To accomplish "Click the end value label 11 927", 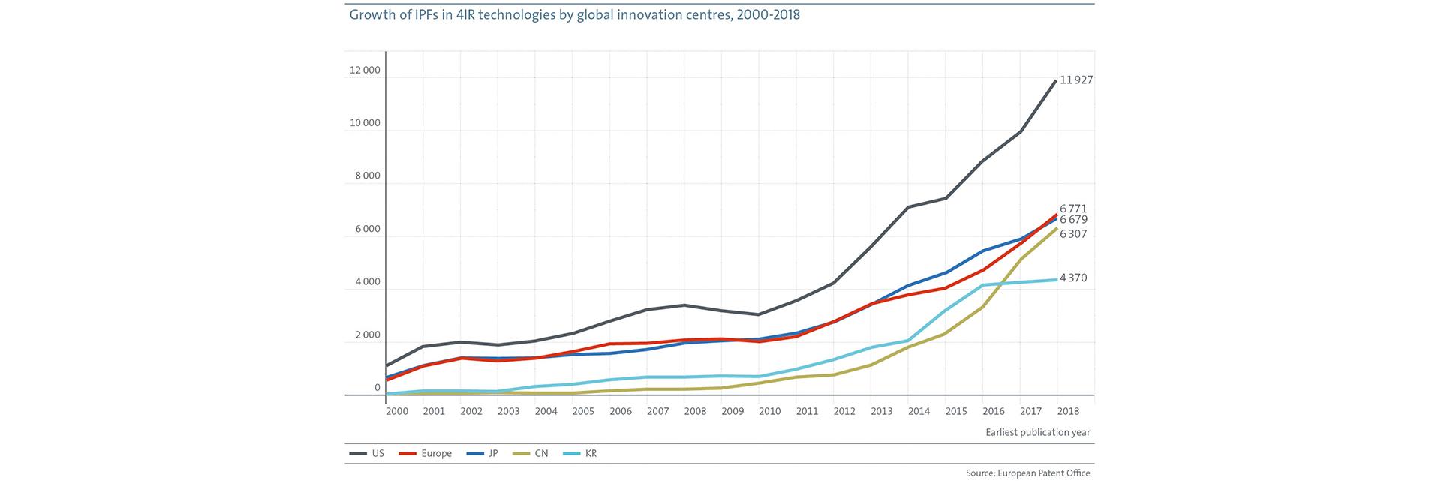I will click(x=1076, y=80).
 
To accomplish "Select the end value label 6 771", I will click(x=1073, y=209).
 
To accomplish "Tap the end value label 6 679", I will click(x=1073, y=220).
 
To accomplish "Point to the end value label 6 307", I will click(x=1073, y=234).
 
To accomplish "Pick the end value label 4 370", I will click(x=1073, y=278).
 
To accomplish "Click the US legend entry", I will click(x=367, y=453).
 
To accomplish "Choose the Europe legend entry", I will click(x=425, y=453).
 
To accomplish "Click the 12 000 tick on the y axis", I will click(x=365, y=71).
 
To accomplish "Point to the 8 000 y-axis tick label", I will click(x=367, y=176).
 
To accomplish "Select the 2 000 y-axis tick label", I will click(x=367, y=335).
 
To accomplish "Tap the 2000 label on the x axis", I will click(x=397, y=411).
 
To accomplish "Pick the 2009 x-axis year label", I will click(x=733, y=411).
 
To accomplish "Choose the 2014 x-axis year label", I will click(x=919, y=411).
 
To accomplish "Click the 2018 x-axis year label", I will click(x=1068, y=411).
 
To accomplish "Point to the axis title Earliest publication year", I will click(x=1038, y=432).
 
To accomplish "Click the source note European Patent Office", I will click(x=1028, y=473).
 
